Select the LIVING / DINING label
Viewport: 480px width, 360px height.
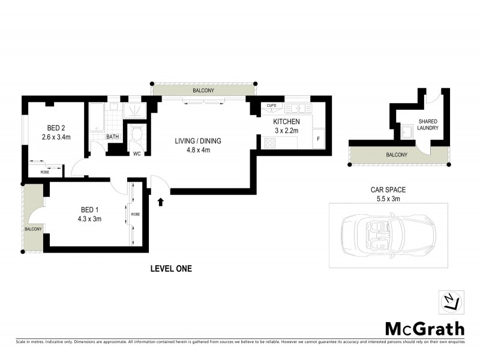[x=198, y=142]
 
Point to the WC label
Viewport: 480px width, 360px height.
[x=137, y=154]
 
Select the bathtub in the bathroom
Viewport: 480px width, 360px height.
[x=97, y=119]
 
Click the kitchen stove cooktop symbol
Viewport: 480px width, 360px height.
[x=270, y=143]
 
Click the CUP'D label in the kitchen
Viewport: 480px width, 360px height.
[x=271, y=107]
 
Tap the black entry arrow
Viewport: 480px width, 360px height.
[x=161, y=202]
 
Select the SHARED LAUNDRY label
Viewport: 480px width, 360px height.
[x=428, y=124]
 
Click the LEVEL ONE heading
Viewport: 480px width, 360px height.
[x=171, y=269]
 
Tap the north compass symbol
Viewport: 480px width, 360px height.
[x=453, y=302]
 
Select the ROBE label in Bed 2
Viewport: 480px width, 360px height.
[x=45, y=172]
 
